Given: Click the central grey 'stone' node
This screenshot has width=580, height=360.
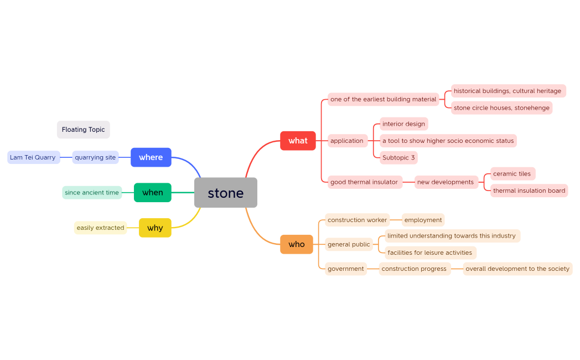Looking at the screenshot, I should coord(226,193).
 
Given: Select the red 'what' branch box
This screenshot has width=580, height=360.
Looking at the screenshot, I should coord(298,141).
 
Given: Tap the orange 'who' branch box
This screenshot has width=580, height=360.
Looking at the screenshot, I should coord(297,244).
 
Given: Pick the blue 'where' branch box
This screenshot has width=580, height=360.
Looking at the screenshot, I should coord(151,157).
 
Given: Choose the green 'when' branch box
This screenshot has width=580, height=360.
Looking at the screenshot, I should coord(153,193).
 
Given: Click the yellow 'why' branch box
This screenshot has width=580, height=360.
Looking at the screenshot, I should coord(155,228).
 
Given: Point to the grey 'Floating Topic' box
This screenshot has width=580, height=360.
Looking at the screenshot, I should coord(84,130).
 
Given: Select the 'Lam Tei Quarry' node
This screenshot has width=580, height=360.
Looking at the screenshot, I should coord(33,157).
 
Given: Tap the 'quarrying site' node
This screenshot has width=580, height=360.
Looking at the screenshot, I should coord(95,157).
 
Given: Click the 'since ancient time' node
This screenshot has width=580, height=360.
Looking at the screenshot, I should coord(92,193).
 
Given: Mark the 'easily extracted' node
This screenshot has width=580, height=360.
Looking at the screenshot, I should coord(100,228).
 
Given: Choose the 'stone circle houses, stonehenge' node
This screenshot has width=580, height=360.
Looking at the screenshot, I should coord(501,108).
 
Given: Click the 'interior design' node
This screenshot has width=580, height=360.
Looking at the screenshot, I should coord(403,124).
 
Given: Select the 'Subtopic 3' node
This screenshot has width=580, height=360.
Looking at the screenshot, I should coord(398,158).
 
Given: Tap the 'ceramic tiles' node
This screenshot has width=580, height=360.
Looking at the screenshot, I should coord(512,174).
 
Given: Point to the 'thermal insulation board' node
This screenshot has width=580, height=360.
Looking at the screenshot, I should coord(529,191).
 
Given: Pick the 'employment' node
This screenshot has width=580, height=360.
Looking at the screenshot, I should coord(423,220).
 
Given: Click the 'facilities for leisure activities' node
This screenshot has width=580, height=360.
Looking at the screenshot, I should coord(430,253).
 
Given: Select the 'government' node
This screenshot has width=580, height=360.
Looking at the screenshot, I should coord(346,269).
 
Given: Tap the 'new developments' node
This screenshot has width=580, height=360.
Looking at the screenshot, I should coord(446,182).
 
